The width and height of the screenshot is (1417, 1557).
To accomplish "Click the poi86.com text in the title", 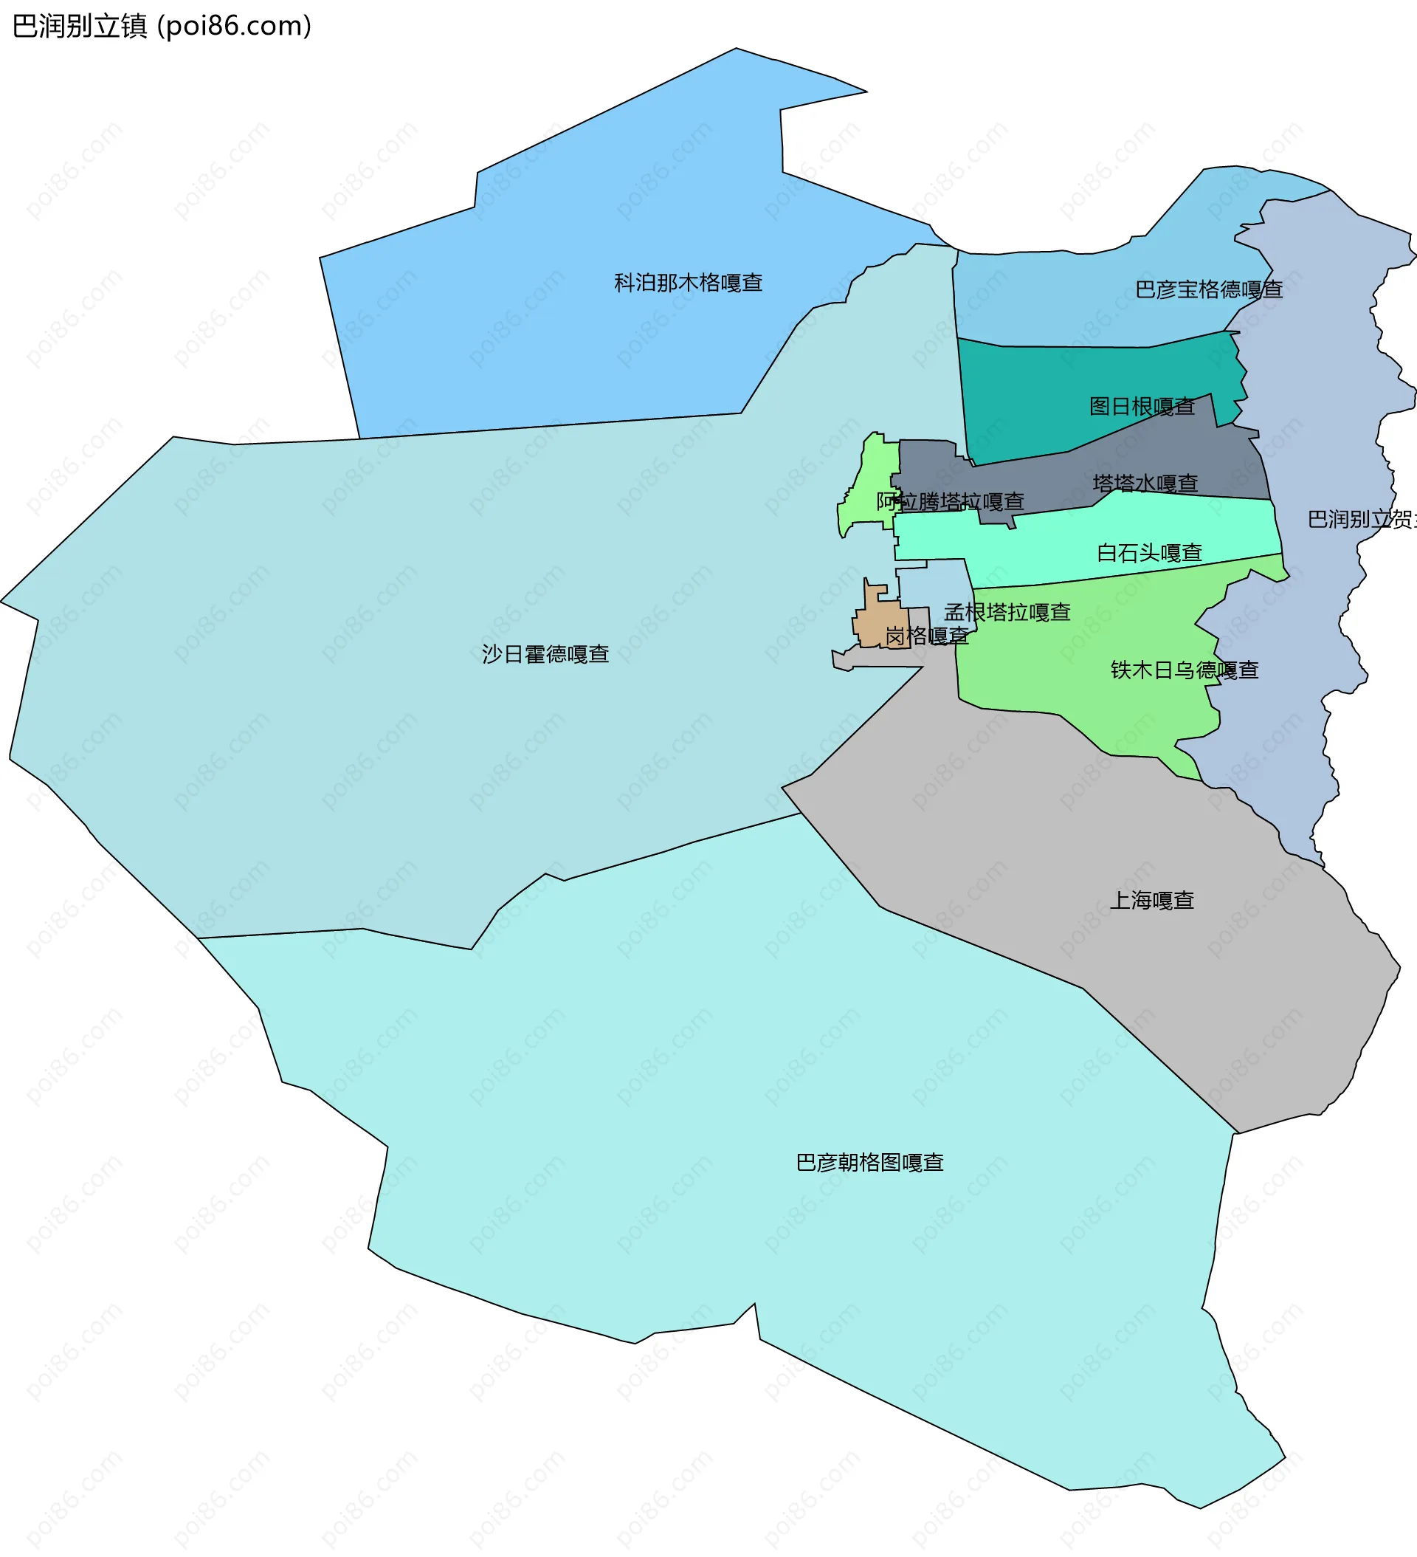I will click(x=235, y=27).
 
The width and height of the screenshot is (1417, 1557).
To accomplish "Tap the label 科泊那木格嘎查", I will click(x=688, y=283).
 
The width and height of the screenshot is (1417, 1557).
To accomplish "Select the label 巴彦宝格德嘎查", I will click(x=1208, y=289).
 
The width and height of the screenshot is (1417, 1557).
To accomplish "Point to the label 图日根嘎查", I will click(x=1141, y=406).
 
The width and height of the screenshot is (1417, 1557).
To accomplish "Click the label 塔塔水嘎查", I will click(x=1145, y=484).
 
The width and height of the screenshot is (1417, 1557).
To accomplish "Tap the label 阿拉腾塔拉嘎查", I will click(x=950, y=502).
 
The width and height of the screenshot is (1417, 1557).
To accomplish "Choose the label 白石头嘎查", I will click(x=1149, y=553).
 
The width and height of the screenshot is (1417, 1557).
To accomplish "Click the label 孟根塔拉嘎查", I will click(x=1007, y=613).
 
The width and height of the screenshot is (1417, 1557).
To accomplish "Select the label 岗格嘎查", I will click(x=927, y=636).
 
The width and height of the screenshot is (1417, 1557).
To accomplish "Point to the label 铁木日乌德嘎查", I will click(x=1185, y=670).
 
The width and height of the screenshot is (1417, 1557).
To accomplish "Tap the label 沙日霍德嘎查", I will click(x=545, y=654).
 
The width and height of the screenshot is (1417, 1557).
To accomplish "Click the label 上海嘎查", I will click(x=1151, y=901).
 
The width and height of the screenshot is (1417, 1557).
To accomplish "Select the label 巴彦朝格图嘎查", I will click(x=869, y=1162).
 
